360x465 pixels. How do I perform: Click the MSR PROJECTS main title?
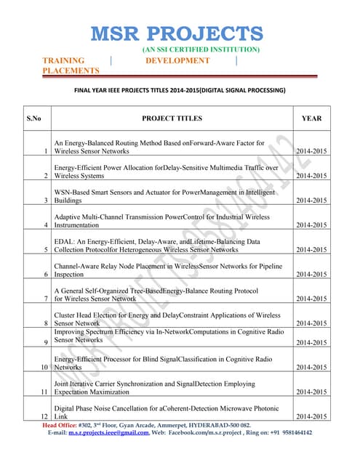(x=178, y=33)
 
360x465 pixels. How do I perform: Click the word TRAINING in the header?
(x=63, y=60)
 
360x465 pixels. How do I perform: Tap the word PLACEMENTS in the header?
(x=71, y=71)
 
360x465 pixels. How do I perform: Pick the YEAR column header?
(x=311, y=117)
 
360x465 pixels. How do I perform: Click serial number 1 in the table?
(x=46, y=151)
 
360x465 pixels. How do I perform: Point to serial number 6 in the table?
(x=46, y=275)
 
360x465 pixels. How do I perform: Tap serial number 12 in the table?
(x=44, y=417)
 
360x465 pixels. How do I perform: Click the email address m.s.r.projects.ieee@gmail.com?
(x=109, y=432)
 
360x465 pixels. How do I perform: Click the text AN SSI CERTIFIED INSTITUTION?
(x=201, y=49)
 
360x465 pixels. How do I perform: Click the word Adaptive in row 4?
(x=70, y=217)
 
